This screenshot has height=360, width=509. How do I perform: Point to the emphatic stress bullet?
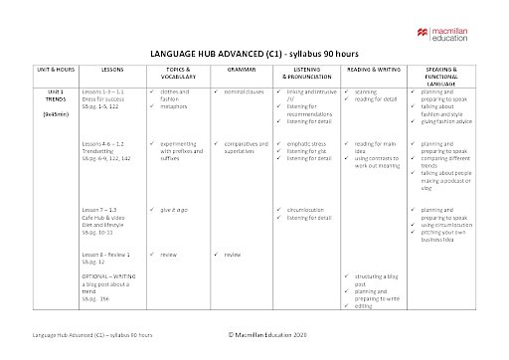tap(309, 143)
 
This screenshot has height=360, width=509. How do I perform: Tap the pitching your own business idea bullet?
tap(447, 235)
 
